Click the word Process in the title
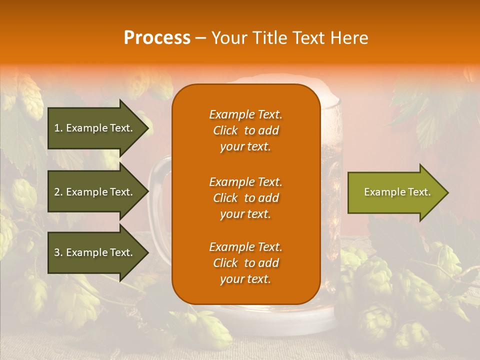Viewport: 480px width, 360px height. (x=157, y=38)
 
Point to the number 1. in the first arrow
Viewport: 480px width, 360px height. (x=58, y=128)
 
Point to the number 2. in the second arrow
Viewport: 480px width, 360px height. (x=58, y=192)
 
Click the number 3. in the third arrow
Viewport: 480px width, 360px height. (x=58, y=252)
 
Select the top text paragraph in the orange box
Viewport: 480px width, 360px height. (x=245, y=130)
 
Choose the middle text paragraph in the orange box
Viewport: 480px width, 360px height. (x=245, y=198)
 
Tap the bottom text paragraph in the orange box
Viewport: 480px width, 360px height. (x=245, y=263)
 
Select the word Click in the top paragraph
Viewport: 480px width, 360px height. (x=225, y=130)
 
